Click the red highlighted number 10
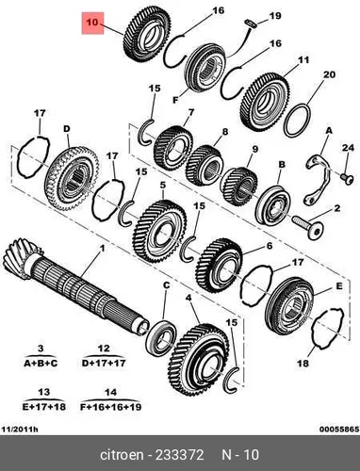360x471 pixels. coord(92,23)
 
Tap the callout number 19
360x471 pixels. coord(275,16)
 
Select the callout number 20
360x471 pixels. coord(329,74)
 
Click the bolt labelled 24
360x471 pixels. coord(347,177)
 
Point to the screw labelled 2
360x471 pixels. coord(309,226)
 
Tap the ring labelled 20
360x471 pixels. coord(297,121)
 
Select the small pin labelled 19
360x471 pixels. coord(251,24)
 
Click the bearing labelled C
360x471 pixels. coord(161,334)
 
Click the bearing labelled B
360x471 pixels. coord(272,205)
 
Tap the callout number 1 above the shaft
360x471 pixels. coord(102,249)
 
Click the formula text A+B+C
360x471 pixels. coord(41,364)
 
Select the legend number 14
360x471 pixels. coord(110,392)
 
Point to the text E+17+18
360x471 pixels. coord(44,407)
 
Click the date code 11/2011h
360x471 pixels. coord(20,430)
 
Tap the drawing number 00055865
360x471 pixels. coord(339,430)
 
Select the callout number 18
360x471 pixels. coord(303,364)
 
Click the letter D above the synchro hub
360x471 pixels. coord(67,129)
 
